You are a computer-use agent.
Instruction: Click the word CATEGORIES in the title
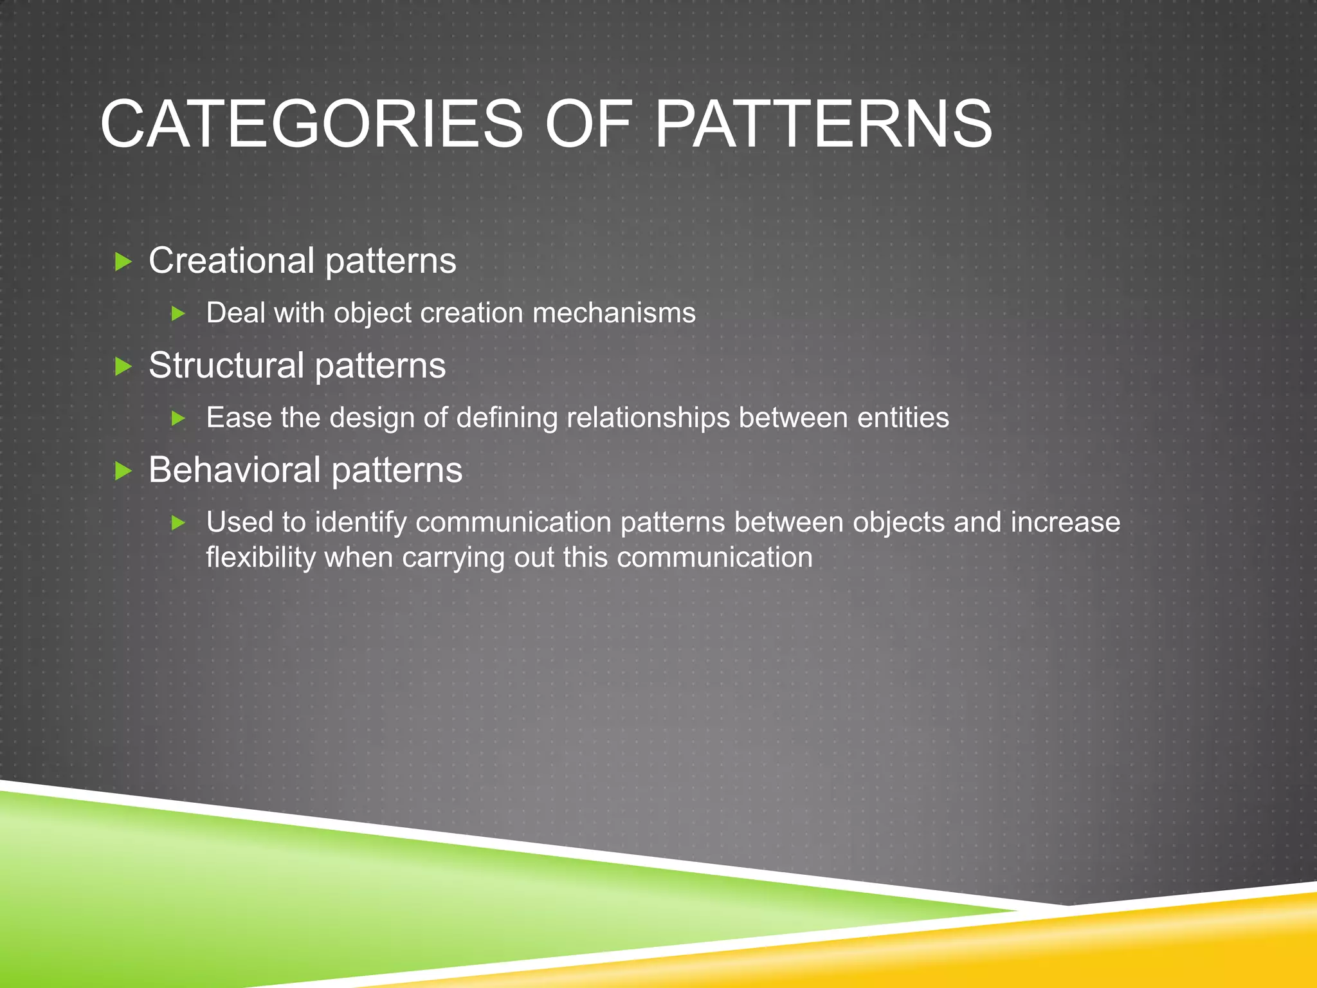[x=312, y=124]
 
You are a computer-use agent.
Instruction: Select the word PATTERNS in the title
[x=823, y=124]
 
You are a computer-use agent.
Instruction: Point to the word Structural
[x=226, y=365]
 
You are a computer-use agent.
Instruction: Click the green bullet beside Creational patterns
[x=123, y=262]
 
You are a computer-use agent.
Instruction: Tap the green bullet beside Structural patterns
[x=123, y=367]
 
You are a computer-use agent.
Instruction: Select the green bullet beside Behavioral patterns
[x=123, y=471]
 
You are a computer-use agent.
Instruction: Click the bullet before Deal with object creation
[x=179, y=314]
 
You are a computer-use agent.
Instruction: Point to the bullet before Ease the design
[x=179, y=419]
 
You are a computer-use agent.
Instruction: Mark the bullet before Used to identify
[x=179, y=523]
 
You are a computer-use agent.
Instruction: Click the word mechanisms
[x=614, y=313]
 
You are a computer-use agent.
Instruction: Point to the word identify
[x=361, y=522]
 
